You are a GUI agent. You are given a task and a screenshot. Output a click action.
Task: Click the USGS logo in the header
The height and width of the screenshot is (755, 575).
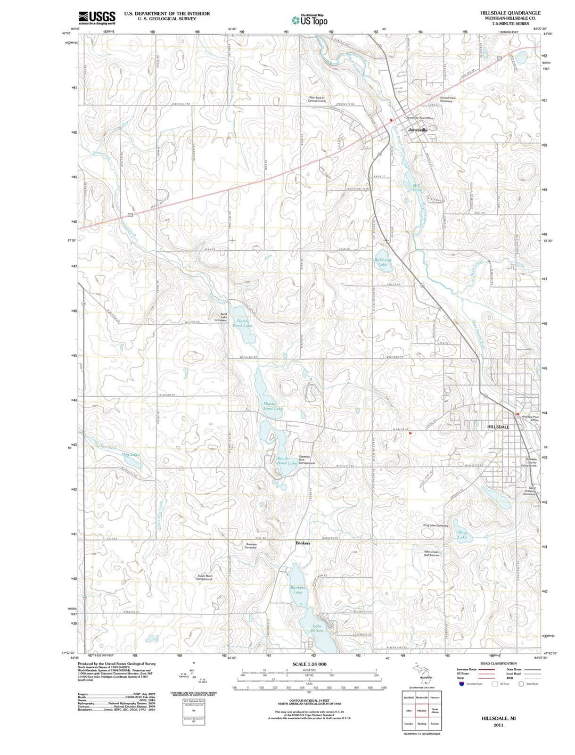pyautogui.click(x=97, y=18)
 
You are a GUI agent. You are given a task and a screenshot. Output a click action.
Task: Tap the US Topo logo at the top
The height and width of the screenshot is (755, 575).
pyautogui.click(x=309, y=20)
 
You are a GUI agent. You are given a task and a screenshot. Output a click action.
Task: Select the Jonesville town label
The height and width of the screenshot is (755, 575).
pyautogui.click(x=418, y=130)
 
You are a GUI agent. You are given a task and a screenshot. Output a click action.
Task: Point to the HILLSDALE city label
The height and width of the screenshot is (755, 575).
pyautogui.click(x=498, y=427)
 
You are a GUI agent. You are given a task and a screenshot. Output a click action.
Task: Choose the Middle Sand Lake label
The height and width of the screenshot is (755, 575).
pyautogui.click(x=273, y=406)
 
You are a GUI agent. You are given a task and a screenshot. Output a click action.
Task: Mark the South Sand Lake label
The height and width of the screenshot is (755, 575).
pyautogui.click(x=286, y=461)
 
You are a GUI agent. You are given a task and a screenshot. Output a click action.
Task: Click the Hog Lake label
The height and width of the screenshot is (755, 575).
pyautogui.click(x=130, y=454)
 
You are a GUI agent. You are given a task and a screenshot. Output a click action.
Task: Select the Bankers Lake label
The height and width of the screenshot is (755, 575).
pyautogui.click(x=297, y=589)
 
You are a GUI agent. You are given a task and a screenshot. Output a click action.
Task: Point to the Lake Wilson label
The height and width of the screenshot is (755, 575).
pyautogui.click(x=317, y=628)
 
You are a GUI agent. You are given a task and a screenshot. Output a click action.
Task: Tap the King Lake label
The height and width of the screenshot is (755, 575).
pyautogui.click(x=462, y=535)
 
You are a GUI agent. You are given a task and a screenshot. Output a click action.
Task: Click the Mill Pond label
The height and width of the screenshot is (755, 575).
pyautogui.click(x=417, y=187)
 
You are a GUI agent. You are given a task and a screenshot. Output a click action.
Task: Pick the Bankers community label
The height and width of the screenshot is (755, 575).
pyautogui.click(x=302, y=543)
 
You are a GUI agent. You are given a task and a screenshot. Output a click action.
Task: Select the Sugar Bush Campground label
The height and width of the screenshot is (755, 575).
pyautogui.click(x=205, y=577)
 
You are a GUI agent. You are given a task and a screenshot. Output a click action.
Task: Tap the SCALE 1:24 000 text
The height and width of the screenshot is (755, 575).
pyautogui.click(x=309, y=664)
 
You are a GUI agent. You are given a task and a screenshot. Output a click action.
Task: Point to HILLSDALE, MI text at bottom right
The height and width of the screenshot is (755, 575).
pyautogui.click(x=498, y=718)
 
